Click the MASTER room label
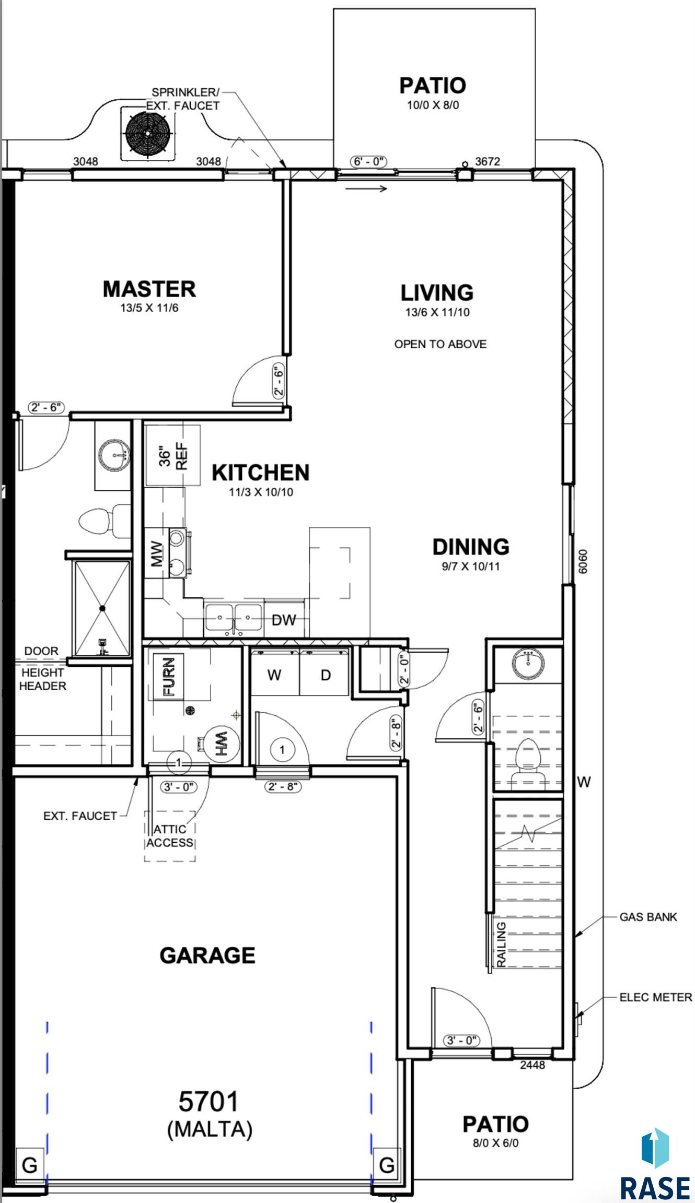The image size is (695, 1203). (149, 289)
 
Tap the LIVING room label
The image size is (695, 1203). (437, 292)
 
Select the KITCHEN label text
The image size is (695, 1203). (261, 473)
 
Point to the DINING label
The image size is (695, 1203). (471, 547)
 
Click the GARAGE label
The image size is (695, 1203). (207, 956)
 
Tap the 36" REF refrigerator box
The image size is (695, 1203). (172, 455)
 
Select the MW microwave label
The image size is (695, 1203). (157, 553)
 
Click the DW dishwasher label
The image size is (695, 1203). (284, 620)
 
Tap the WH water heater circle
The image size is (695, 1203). (221, 744)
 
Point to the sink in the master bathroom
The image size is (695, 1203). (113, 455)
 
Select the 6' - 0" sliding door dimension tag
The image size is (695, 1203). (369, 161)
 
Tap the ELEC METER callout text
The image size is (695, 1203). (655, 997)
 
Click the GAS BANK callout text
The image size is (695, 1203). (648, 917)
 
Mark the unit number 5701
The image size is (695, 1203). (209, 1102)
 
